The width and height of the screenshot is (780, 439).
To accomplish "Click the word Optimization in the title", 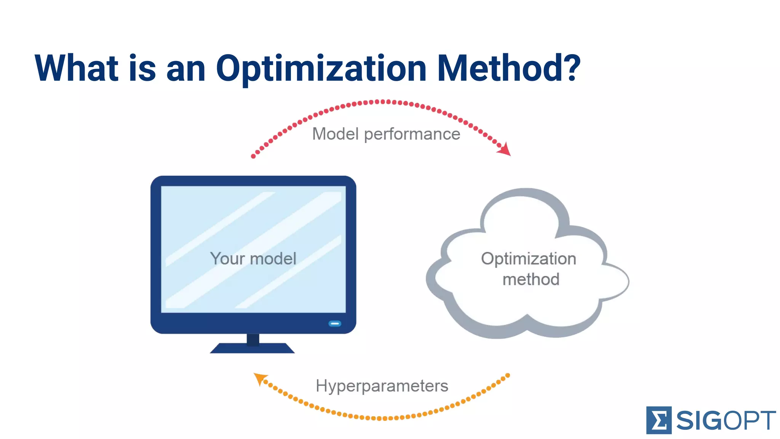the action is point(321,69).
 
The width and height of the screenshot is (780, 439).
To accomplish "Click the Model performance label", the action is point(386,134).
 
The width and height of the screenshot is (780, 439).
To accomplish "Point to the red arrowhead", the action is point(505,149).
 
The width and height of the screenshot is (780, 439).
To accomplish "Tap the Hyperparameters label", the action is point(382,386).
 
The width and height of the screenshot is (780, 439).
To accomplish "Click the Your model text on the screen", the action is point(253,259).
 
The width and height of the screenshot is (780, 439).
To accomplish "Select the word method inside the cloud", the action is point(531,279).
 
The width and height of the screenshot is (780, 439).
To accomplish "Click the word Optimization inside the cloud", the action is point(528,259).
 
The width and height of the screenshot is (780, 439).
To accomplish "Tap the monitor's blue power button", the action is point(335,324).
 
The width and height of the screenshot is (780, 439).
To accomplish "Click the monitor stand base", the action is point(252,348).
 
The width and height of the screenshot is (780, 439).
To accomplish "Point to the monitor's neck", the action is point(253,339).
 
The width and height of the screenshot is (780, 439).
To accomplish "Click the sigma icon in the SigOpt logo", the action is point(659,420).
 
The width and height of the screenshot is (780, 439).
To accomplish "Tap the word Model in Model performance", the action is point(336,134).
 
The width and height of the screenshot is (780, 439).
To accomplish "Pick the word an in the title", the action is point(186,69).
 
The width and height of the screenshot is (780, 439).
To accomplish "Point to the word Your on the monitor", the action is point(227,259).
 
